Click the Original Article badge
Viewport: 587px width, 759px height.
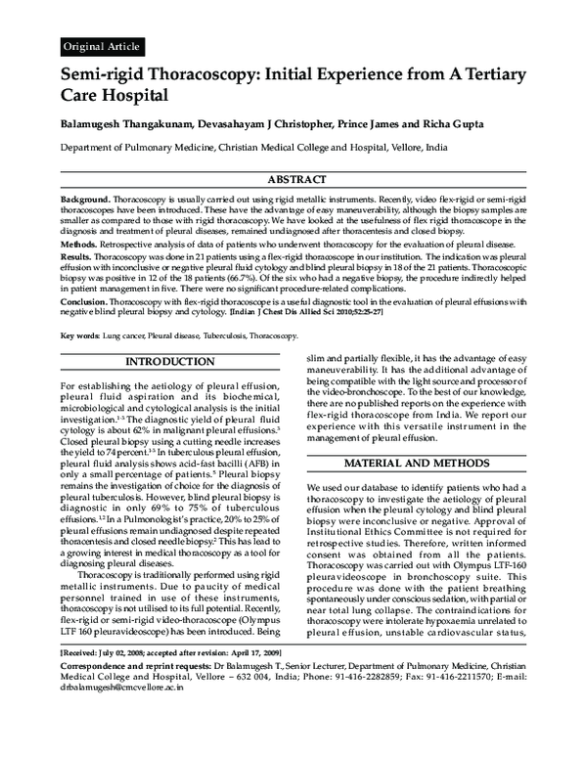(102, 46)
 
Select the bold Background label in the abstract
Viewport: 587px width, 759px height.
(86, 198)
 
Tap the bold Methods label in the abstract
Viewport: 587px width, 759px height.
(80, 243)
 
